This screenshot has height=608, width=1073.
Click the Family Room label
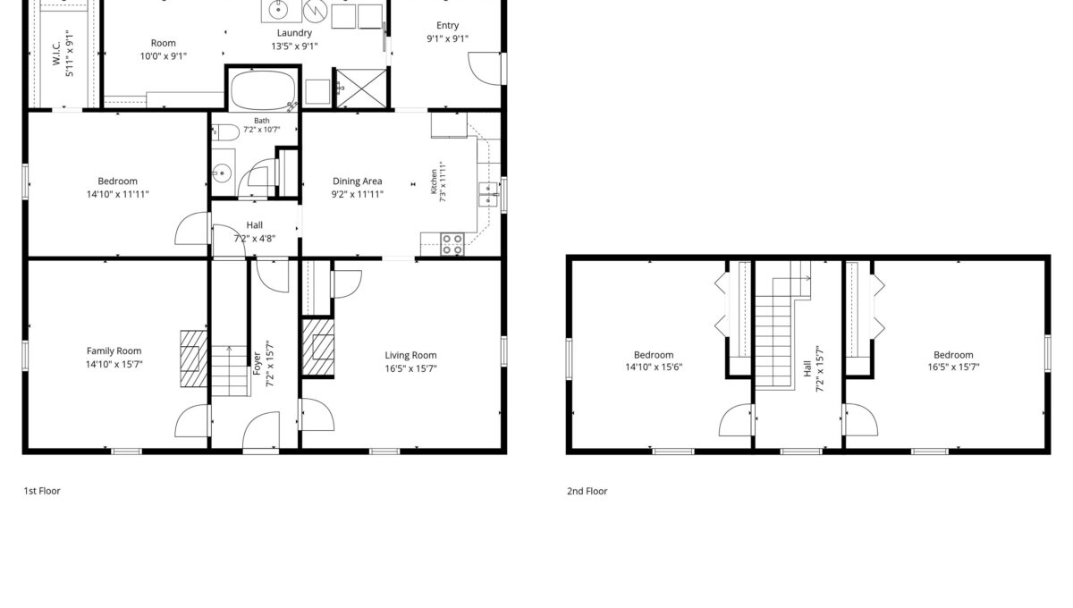pyautogui.click(x=114, y=351)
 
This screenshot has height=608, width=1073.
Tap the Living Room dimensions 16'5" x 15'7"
pyautogui.click(x=411, y=368)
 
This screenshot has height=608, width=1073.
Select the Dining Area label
pyautogui.click(x=358, y=182)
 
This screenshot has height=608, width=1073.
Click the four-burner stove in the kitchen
pyautogui.click(x=452, y=244)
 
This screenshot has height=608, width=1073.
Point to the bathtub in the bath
pyautogui.click(x=263, y=91)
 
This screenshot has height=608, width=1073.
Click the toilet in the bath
pyautogui.click(x=225, y=132)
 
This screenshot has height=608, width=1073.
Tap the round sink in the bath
pyautogui.click(x=222, y=173)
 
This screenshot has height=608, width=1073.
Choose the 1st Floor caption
pyautogui.click(x=42, y=491)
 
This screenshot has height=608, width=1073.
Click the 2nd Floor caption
pyautogui.click(x=587, y=491)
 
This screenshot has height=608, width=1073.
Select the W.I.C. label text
pyautogui.click(x=56, y=53)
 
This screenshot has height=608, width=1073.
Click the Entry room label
pyautogui.click(x=447, y=25)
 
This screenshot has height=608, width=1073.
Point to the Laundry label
pyautogui.click(x=294, y=33)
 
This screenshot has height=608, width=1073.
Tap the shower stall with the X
pyautogui.click(x=361, y=89)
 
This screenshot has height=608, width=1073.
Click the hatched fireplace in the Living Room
pyautogui.click(x=318, y=347)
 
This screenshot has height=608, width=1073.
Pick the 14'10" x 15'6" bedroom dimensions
pyautogui.click(x=654, y=367)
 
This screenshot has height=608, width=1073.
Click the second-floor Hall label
pyautogui.click(x=807, y=368)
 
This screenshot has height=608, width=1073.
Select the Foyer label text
pyautogui.click(x=257, y=364)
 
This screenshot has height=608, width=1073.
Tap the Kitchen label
pyautogui.click(x=434, y=182)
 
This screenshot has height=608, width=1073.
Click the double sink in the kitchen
pyautogui.click(x=488, y=195)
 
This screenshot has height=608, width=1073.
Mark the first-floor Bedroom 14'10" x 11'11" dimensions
pyautogui.click(x=118, y=195)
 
